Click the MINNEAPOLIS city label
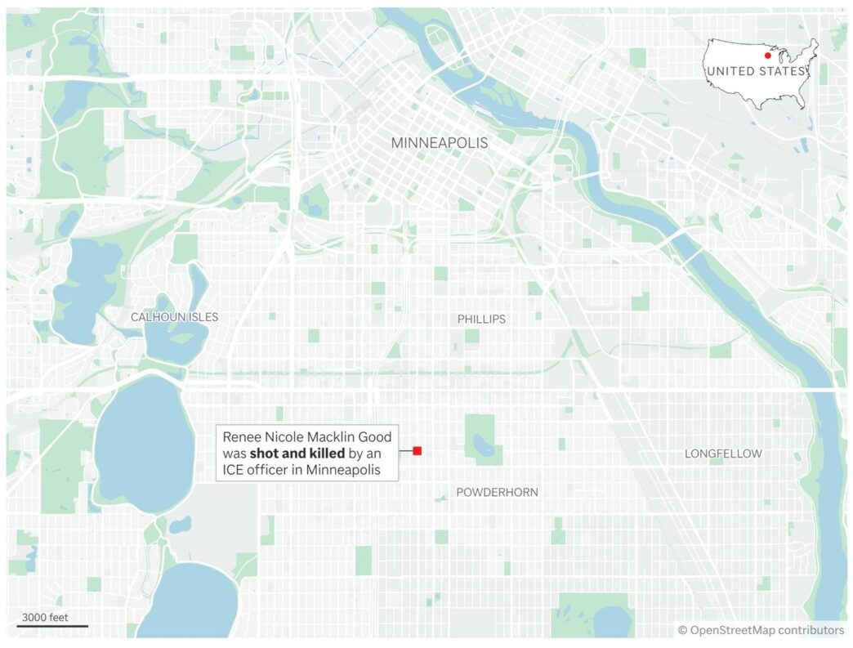click(x=439, y=143)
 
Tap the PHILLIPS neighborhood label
click(x=481, y=320)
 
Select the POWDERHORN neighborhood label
click(x=497, y=492)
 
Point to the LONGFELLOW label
click(x=723, y=454)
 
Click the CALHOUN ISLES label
click(x=174, y=317)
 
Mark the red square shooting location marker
click(x=417, y=451)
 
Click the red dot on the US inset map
click(x=767, y=56)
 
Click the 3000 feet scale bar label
click(x=47, y=617)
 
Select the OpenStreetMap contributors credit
click(x=761, y=630)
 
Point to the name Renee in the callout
click(x=243, y=436)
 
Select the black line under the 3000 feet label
click(x=51, y=627)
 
